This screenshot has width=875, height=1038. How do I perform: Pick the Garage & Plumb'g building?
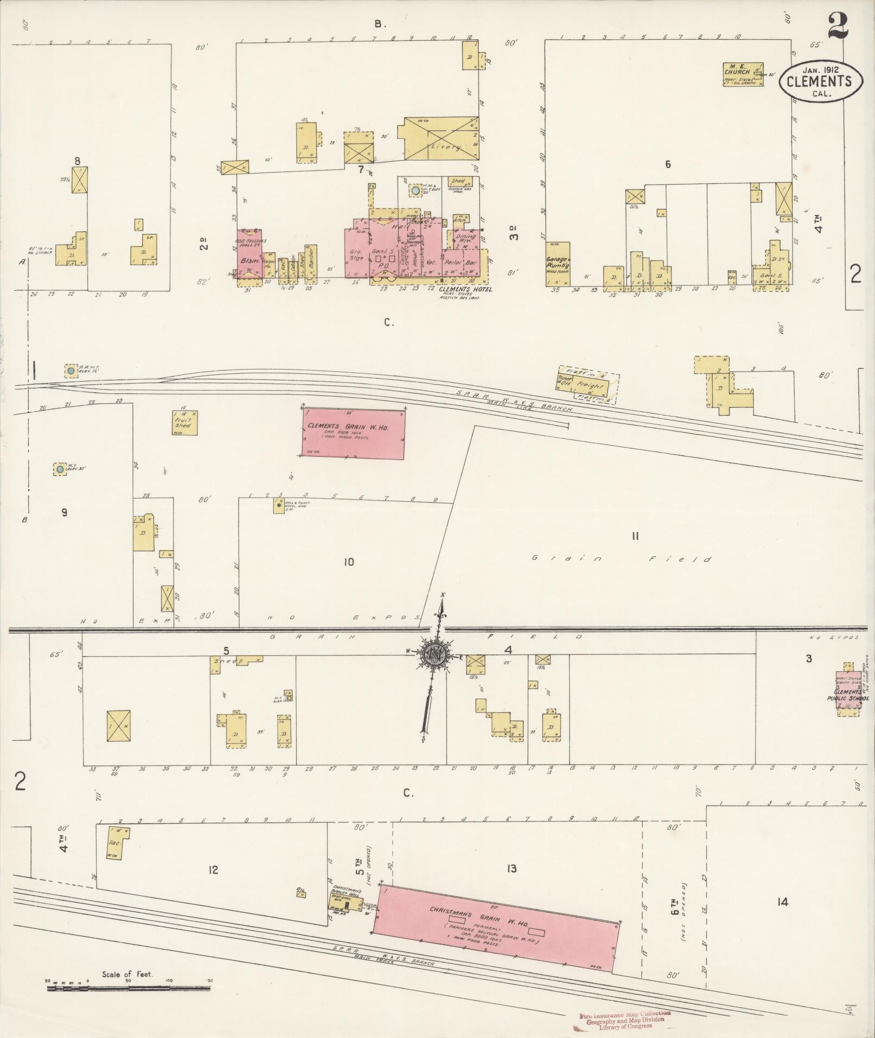557,264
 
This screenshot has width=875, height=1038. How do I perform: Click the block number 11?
635,537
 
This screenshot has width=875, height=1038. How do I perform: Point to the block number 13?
511,869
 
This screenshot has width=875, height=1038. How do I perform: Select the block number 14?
782,902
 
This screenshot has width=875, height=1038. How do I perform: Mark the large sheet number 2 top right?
838,26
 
